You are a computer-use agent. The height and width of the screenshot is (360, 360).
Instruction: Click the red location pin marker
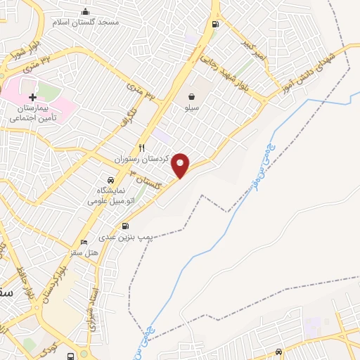click(181, 165)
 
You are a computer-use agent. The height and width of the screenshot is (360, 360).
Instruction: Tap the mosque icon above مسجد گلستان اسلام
click(86, 11)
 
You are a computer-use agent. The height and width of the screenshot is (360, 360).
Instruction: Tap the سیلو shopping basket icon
click(191, 96)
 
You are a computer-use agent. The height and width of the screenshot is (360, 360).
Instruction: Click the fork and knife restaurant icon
click(142, 148)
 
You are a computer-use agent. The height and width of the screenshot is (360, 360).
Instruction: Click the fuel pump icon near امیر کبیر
click(214, 25)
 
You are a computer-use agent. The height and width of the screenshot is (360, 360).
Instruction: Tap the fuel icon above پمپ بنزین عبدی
click(125, 226)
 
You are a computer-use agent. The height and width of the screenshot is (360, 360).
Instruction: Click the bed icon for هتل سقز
click(85, 243)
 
